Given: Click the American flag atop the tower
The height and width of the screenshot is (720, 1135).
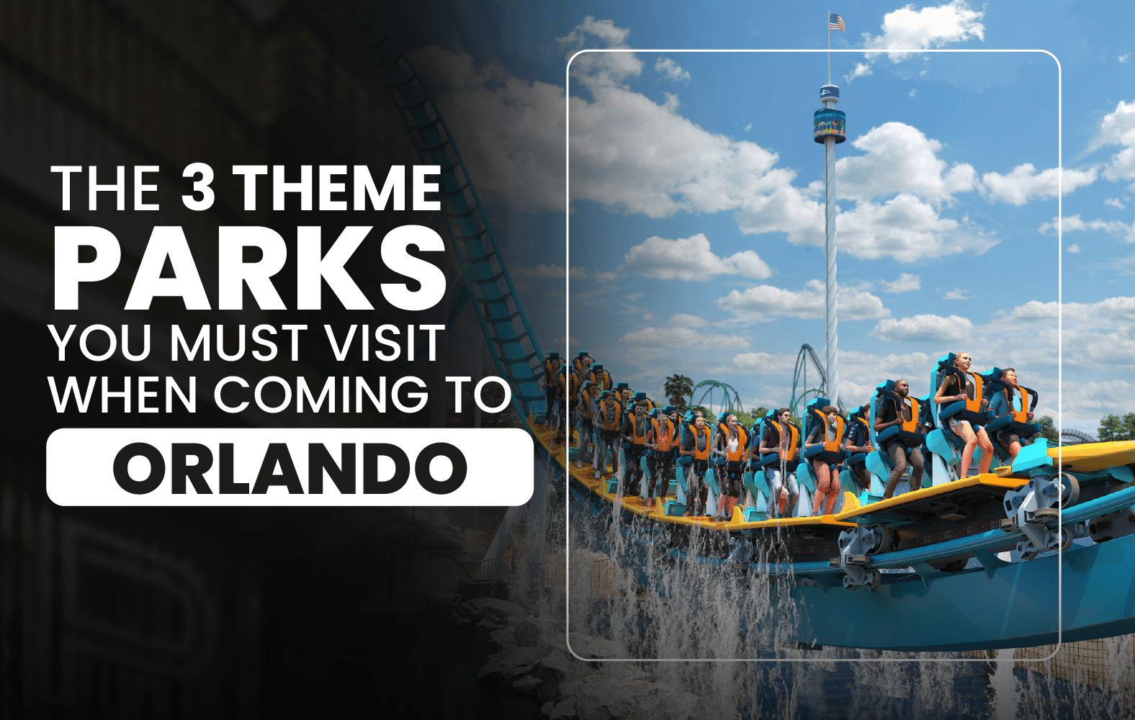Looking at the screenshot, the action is pyautogui.click(x=837, y=22).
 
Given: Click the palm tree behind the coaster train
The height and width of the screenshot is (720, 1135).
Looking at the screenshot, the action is pyautogui.click(x=678, y=390).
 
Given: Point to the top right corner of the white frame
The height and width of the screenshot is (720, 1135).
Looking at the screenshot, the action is pyautogui.click(x=1060, y=52).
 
